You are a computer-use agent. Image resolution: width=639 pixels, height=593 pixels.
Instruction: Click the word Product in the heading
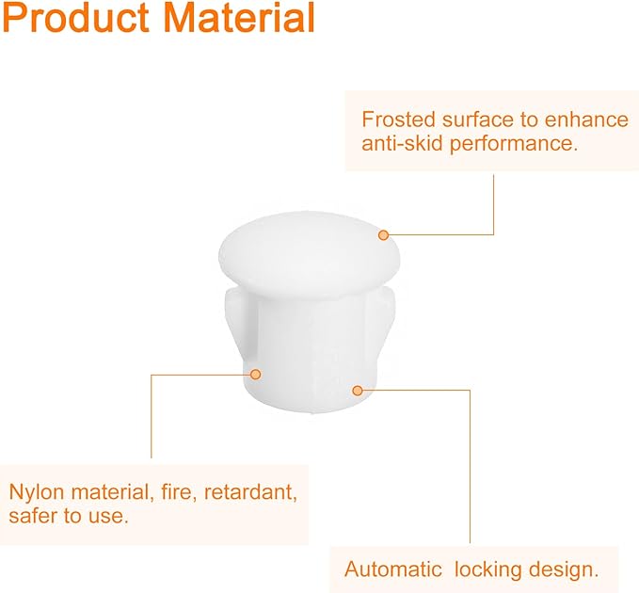[75, 17]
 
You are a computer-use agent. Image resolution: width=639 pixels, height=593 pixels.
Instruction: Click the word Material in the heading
[239, 17]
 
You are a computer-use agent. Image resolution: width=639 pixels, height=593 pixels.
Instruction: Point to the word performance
[514, 145]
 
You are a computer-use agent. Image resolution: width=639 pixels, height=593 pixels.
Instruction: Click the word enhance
[586, 120]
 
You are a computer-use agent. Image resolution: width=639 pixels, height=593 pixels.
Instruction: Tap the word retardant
[250, 492]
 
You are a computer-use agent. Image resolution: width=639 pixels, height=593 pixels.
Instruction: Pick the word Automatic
[392, 569]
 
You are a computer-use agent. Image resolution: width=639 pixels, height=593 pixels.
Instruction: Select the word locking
[487, 569]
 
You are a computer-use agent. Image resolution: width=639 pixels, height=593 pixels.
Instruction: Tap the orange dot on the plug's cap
[383, 235]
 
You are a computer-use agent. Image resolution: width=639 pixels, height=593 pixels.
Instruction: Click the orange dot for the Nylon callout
[256, 374]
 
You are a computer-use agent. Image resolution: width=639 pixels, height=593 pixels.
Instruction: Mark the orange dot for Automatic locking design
[358, 391]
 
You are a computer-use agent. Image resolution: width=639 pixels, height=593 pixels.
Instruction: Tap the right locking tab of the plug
[379, 318]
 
